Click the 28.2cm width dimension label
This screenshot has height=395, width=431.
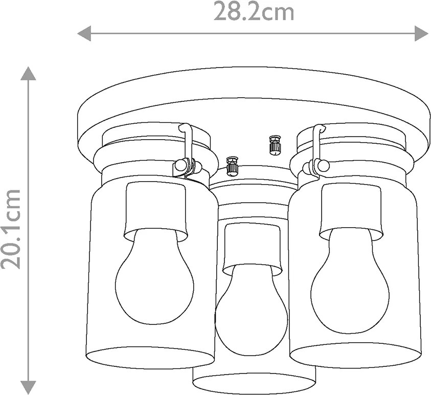254,11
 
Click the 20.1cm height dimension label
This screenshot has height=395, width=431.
11,229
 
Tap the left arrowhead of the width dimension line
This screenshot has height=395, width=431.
84,34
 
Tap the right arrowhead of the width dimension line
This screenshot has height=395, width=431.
422,34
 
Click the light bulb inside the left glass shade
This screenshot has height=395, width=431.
154,278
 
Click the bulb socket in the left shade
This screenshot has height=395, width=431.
156,211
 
